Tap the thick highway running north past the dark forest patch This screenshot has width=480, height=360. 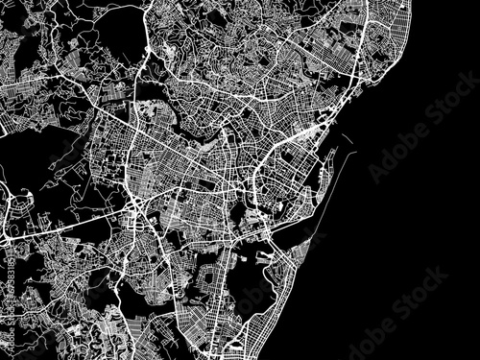click(145, 58)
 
